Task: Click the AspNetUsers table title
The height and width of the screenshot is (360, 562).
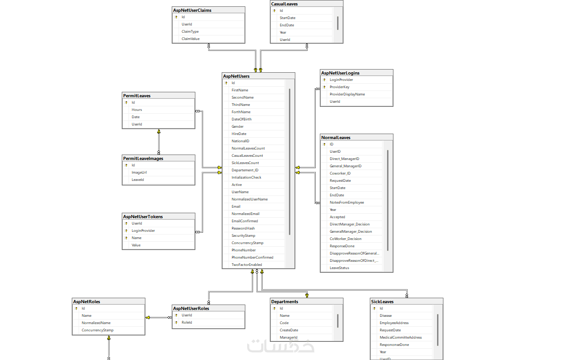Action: point(236,76)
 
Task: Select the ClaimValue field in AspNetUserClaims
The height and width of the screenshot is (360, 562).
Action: point(190,39)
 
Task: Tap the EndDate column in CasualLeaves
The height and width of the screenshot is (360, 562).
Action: point(287,25)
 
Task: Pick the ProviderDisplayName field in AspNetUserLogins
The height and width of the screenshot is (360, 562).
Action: point(347,95)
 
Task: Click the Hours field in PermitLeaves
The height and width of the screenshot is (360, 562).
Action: point(137,110)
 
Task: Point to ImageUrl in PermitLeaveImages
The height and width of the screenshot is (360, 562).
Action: point(139,173)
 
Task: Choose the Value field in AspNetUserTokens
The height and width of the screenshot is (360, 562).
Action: point(136,245)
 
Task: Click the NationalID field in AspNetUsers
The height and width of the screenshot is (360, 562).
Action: point(240,141)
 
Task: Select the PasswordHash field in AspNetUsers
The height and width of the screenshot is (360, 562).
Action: point(243,229)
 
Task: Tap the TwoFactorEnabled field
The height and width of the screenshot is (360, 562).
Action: point(246,265)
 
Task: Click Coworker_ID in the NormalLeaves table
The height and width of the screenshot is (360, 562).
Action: point(340,174)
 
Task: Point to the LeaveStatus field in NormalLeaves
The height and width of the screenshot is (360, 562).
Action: point(339,268)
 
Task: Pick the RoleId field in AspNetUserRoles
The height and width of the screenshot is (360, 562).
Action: point(187,323)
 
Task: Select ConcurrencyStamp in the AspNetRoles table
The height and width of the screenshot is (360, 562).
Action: point(97,330)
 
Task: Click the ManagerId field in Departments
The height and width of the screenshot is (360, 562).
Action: point(288,338)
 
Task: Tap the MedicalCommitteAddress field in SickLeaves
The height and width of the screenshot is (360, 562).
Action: point(401,338)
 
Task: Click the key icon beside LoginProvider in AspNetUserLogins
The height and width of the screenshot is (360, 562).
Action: point(324,80)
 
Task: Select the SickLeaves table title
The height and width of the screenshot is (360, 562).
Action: point(382,302)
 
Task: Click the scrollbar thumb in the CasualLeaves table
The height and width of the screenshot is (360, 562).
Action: point(338,23)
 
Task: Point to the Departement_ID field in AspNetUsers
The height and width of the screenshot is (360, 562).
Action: point(245,170)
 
